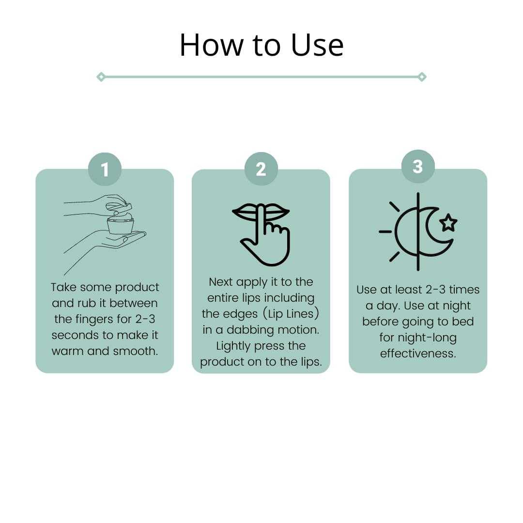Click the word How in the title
(212, 45)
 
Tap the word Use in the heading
(317, 45)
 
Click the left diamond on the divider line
(101, 77)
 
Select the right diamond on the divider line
(422, 77)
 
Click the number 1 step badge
(105, 169)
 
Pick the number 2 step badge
(261, 169)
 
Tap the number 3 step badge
(418, 167)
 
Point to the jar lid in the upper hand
(119, 207)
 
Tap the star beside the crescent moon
(448, 223)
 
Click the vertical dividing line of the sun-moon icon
(418, 231)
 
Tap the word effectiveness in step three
(418, 354)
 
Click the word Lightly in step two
(233, 346)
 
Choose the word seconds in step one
(76, 335)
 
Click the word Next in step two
(221, 282)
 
